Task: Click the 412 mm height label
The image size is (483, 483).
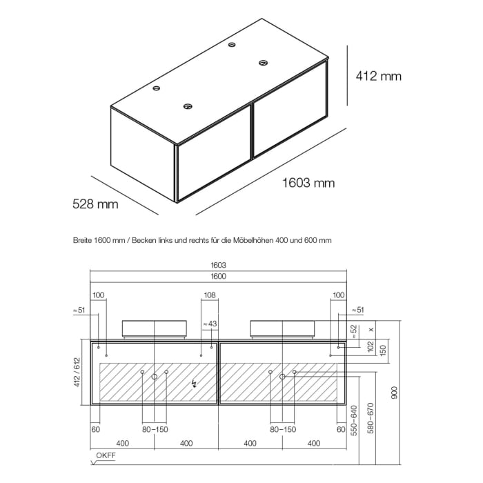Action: click(379, 76)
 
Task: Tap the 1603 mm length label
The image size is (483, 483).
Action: click(308, 183)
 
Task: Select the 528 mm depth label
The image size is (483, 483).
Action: click(95, 204)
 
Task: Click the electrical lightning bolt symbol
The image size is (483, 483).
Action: click(194, 384)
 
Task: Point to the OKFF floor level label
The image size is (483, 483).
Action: click(106, 455)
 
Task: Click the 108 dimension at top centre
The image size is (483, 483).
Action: click(210, 295)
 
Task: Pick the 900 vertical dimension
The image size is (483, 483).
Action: click(394, 393)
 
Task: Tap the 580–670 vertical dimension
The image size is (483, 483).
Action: click(371, 418)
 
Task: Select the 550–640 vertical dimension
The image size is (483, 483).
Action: click(354, 420)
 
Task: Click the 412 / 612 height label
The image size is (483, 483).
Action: click(77, 372)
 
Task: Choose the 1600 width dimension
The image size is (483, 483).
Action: click(219, 276)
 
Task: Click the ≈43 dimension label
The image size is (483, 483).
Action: click(210, 324)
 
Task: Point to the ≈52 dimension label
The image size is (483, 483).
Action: click(353, 331)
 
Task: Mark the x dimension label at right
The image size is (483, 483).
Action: click(371, 330)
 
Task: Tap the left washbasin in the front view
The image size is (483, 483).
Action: click(155, 328)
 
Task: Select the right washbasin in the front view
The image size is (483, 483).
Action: click(282, 328)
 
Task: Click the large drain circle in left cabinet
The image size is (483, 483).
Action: click(155, 377)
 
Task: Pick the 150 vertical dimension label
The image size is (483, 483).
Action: click(383, 350)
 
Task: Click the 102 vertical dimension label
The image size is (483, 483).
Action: click(371, 346)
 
